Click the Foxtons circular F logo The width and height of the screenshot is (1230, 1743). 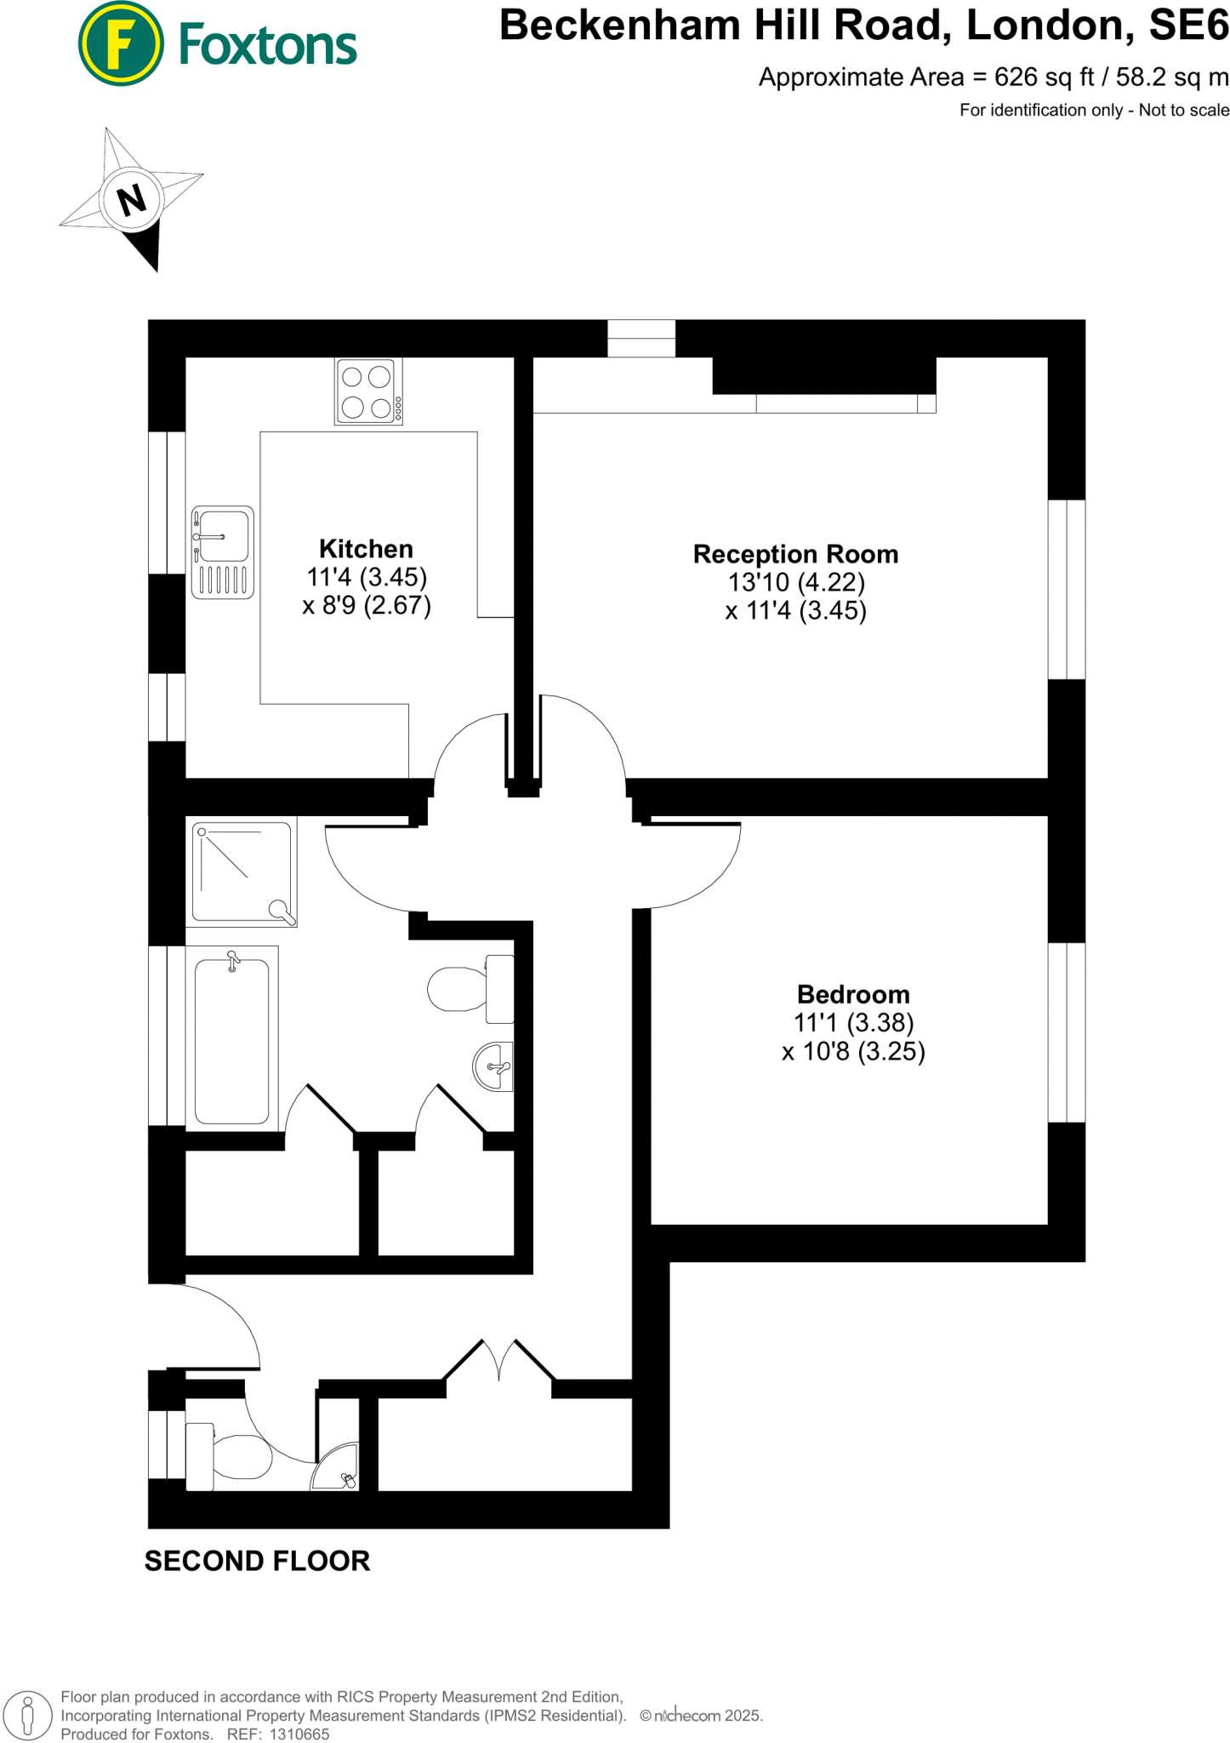point(120,43)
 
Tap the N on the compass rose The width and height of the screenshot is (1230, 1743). point(131,200)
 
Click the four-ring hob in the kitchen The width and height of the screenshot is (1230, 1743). point(367,391)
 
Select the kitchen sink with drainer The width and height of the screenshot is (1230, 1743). point(223,552)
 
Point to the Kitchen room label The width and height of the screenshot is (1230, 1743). point(366,549)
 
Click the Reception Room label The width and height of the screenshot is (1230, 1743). point(795,554)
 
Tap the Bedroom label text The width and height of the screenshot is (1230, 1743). point(853,994)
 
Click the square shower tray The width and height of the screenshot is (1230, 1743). point(242,871)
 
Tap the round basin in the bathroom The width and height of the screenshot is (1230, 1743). point(493,1066)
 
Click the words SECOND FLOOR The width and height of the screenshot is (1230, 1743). point(257,1561)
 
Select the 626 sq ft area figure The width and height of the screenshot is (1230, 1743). point(1045,77)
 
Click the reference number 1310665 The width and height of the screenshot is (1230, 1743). point(299,1734)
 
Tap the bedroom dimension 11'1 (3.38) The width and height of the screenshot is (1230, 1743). point(853,1022)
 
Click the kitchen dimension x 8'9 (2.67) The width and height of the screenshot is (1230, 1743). point(367,605)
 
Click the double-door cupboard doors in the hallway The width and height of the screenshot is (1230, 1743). point(499,1361)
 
